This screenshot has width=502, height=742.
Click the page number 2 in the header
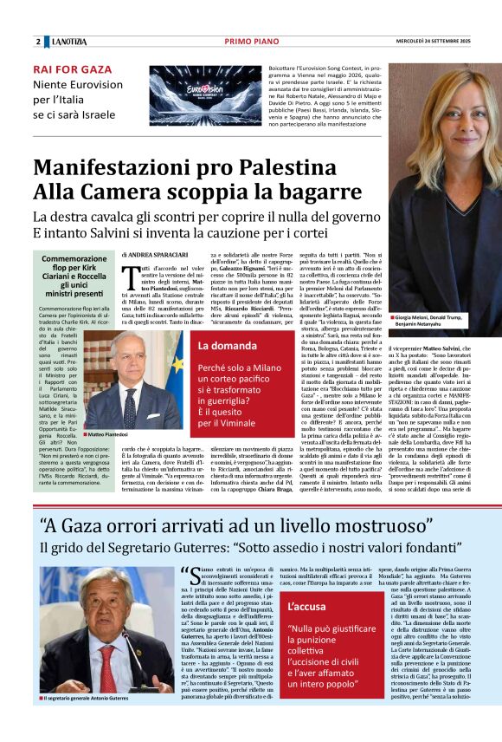click(38, 42)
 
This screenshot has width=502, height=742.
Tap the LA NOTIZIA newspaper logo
click(68, 42)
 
